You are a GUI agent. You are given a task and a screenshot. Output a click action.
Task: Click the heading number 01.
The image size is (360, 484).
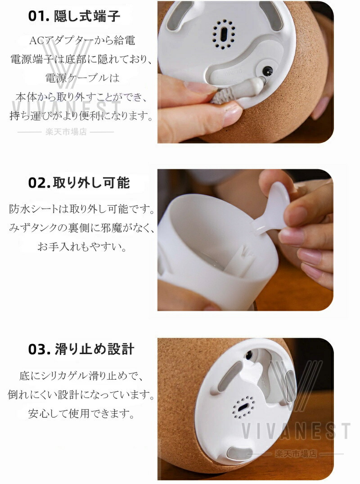coord(39,16)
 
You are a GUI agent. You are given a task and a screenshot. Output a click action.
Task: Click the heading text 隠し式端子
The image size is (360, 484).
coord(87,16)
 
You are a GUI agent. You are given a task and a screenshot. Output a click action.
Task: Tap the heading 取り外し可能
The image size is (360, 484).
coord(91,183)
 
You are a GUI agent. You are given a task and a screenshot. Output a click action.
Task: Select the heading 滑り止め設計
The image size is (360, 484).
coord(94,349)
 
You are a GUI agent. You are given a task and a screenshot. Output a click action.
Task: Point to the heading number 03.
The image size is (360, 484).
coord(39,350)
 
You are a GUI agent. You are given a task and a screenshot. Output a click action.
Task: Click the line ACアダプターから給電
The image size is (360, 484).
coord(82,40)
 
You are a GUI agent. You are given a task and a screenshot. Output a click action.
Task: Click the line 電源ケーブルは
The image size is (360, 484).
coord(82,77)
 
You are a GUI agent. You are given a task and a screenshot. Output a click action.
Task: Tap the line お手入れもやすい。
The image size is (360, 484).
coord(82,246)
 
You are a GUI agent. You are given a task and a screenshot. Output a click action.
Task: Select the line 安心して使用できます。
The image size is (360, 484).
coord(82,413)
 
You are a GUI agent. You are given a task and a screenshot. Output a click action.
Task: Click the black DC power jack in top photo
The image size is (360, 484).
coord(266,72)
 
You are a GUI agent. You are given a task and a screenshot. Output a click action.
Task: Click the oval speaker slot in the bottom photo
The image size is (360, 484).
coord(243,407)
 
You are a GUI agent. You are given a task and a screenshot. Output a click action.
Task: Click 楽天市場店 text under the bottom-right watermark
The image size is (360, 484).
coord(296,453)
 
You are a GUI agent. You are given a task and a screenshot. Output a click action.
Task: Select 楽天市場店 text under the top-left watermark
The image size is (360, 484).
coord(66,132)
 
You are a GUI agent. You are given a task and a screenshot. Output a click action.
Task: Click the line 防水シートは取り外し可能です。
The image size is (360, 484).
coord(82,209)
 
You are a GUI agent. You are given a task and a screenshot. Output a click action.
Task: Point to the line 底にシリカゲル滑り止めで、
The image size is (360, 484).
coord(81,376)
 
